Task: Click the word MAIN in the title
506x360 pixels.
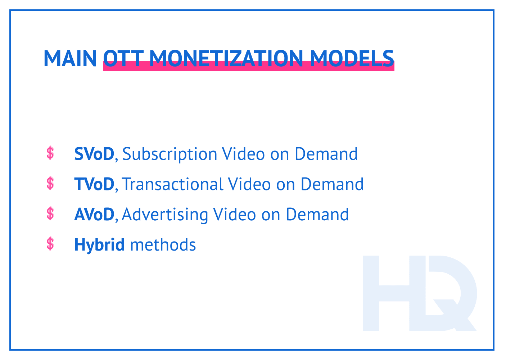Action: (x=70, y=58)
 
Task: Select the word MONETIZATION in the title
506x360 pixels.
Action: (x=226, y=58)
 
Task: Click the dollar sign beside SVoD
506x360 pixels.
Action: (x=50, y=153)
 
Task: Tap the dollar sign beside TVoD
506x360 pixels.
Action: (x=50, y=184)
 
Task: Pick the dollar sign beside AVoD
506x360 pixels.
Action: (x=50, y=214)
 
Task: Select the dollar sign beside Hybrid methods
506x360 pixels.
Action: (x=50, y=244)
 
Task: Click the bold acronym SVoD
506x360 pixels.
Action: (x=94, y=154)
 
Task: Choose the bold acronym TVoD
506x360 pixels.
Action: (x=94, y=184)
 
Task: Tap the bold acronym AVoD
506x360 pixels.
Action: (x=94, y=215)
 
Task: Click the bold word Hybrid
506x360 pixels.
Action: (x=99, y=245)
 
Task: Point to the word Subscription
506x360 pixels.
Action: (x=170, y=154)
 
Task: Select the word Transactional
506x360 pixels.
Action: (x=173, y=184)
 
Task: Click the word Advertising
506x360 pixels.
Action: (x=165, y=215)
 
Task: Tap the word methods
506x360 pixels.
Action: (x=163, y=245)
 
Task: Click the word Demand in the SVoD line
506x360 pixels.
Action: (x=326, y=154)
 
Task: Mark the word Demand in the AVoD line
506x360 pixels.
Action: (x=317, y=215)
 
